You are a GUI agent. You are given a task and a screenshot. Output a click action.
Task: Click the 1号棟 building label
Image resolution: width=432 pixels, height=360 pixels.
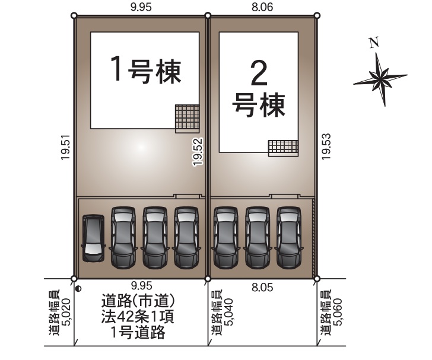pyautogui.click(x=145, y=70)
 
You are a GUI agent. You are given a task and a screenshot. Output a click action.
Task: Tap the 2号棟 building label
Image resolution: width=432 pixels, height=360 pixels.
pyautogui.click(x=259, y=89)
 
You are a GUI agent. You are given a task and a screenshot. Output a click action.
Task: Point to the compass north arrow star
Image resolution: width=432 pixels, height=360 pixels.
pyautogui.click(x=380, y=79)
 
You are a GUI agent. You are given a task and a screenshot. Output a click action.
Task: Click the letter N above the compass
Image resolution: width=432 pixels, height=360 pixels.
pyautogui.click(x=374, y=43)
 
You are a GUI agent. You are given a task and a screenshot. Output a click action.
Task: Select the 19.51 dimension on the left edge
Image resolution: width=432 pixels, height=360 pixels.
pyautogui.click(x=66, y=147)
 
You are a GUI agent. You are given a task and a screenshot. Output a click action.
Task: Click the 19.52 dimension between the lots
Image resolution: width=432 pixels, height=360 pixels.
pyautogui.click(x=198, y=152)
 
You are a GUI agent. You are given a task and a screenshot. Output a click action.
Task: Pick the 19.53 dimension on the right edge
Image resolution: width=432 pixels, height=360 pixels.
pyautogui.click(x=326, y=146)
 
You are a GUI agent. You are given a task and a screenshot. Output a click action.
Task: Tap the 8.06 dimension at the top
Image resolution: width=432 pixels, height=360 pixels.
pyautogui.click(x=262, y=7)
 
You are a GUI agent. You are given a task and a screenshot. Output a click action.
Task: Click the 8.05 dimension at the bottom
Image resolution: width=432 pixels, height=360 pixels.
pyautogui.click(x=262, y=288)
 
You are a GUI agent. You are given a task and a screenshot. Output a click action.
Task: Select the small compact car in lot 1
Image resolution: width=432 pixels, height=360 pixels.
pyautogui.click(x=93, y=238)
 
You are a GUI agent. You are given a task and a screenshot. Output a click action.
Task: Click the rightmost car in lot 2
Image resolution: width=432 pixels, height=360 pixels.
pyautogui.click(x=288, y=237)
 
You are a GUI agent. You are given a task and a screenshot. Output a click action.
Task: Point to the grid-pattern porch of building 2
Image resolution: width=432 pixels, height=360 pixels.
pyautogui.click(x=284, y=148)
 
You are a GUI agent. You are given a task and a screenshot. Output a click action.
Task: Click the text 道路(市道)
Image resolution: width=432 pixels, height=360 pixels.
pyautogui.click(x=138, y=301)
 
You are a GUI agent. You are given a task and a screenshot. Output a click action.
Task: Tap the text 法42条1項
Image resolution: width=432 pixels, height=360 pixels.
pyautogui.click(x=138, y=317)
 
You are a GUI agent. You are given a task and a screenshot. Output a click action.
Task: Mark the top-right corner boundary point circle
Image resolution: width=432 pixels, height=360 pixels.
pyautogui.click(x=317, y=15)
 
